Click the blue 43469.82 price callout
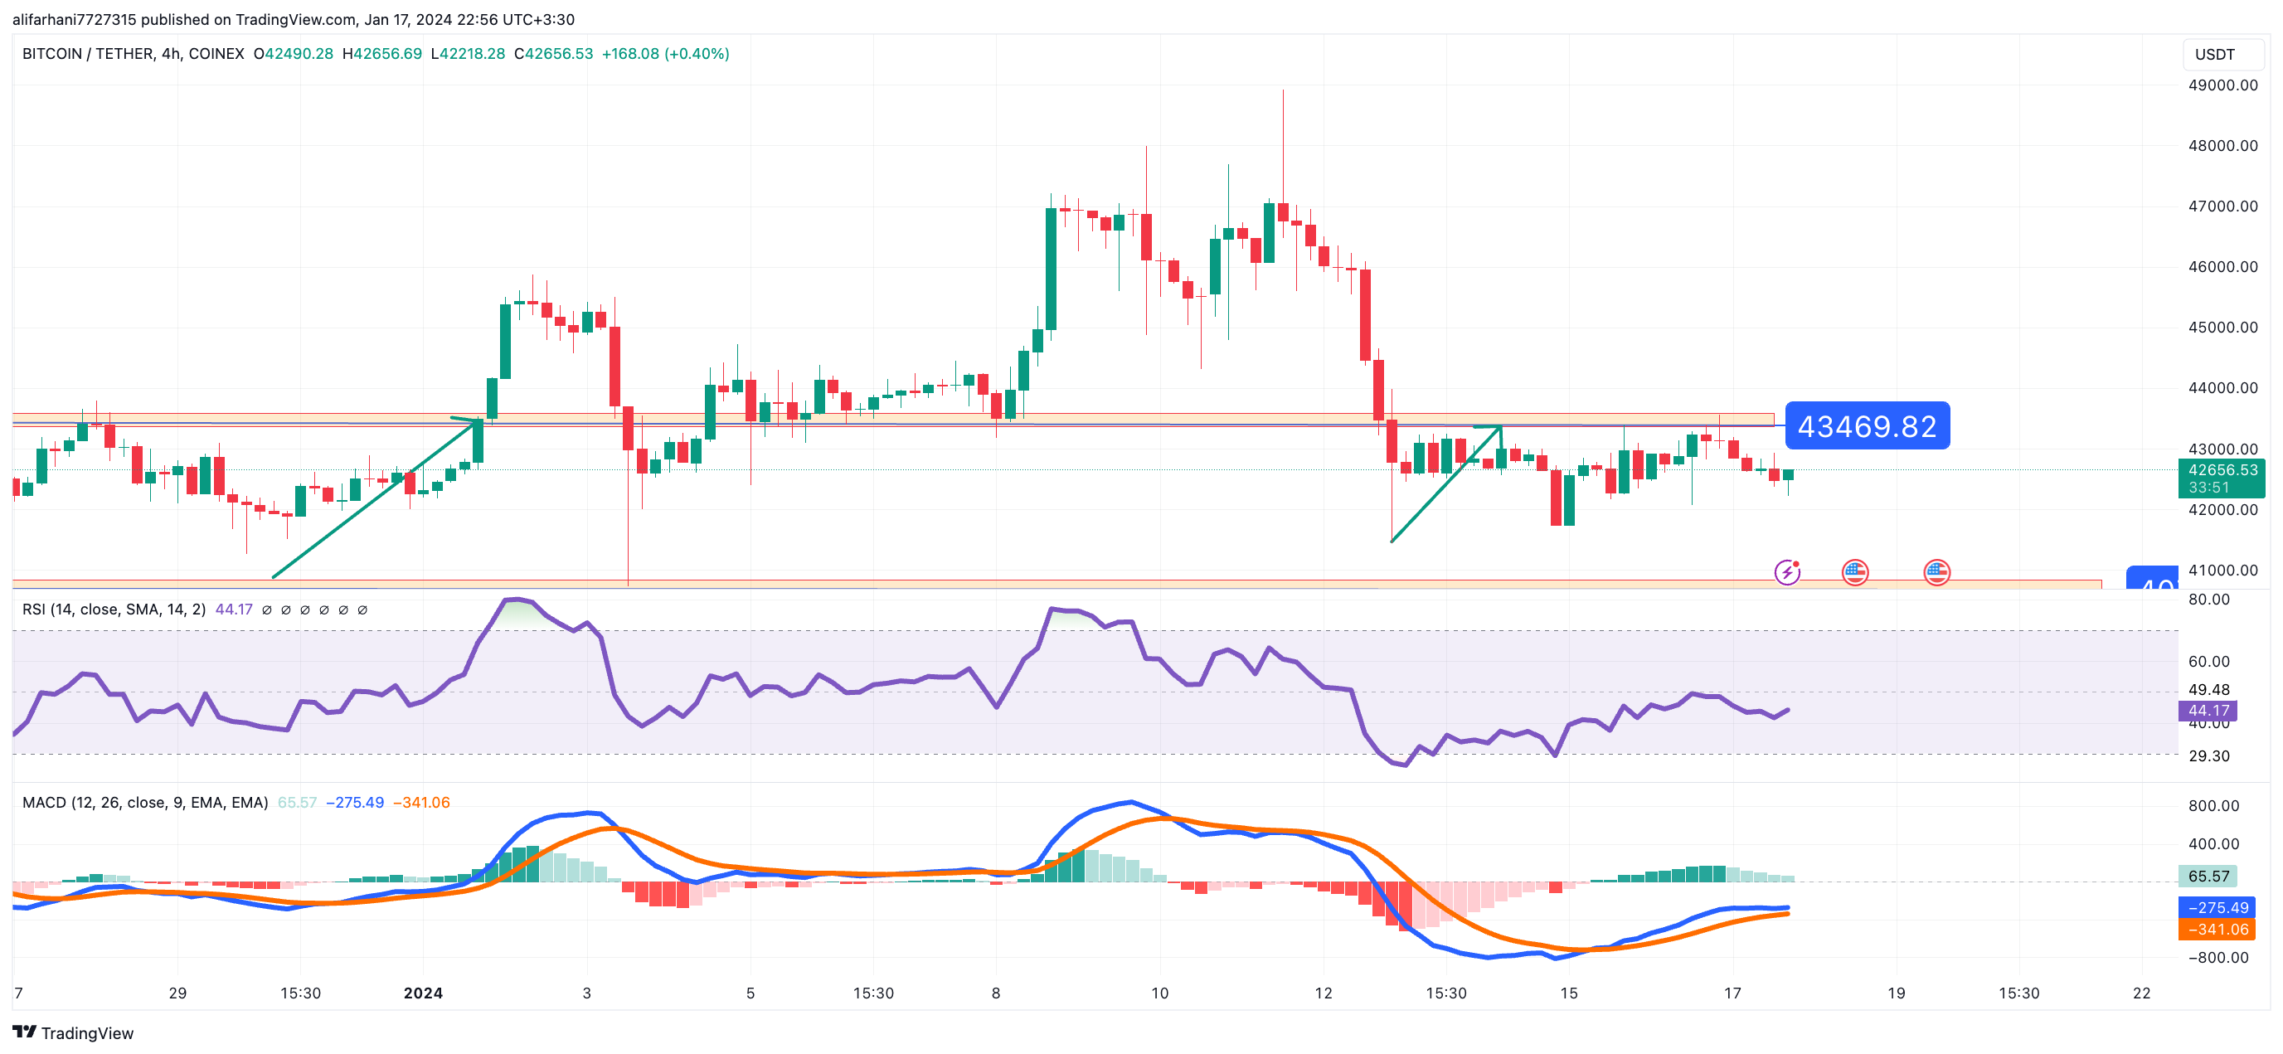(1867, 426)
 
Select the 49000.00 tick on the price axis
(2222, 85)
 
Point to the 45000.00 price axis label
(2222, 327)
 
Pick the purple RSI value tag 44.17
(2208, 710)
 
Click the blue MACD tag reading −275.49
(2217, 907)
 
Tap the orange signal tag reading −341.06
(2217, 929)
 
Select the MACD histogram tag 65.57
(2208, 876)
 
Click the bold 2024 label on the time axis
(423, 993)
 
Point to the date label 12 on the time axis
(1324, 993)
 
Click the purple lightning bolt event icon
(1787, 571)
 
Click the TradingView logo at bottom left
(73, 1032)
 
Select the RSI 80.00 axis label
(2208, 600)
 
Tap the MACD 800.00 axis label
(2213, 806)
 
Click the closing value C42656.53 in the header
(553, 54)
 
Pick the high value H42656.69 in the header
(382, 54)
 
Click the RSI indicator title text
(114, 609)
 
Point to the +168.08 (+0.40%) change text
(666, 54)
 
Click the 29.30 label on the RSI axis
(2208, 756)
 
